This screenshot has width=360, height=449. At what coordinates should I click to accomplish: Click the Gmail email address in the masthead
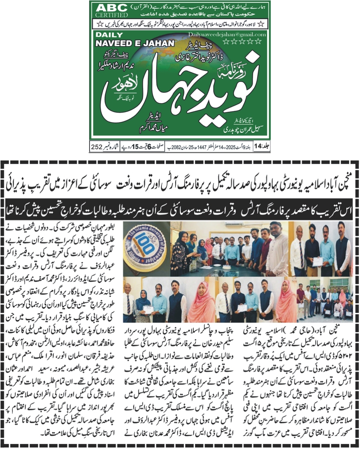click(232, 35)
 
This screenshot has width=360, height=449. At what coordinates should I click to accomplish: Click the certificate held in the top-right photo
click(318, 261)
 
